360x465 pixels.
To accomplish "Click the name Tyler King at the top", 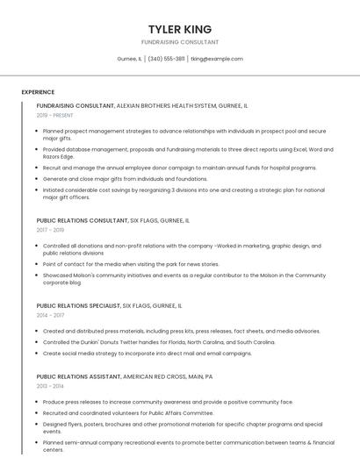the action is click(180, 29).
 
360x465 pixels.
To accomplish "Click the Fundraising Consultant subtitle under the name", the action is click(180, 42).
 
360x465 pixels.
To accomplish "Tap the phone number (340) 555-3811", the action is click(166, 59).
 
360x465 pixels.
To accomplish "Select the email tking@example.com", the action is click(216, 59).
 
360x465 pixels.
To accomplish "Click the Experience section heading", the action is click(38, 92).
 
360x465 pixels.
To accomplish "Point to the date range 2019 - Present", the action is click(54, 115).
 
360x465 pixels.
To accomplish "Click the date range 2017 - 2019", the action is click(50, 230).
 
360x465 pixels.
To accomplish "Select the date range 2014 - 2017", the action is click(50, 315).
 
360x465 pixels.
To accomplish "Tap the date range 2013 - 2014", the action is click(50, 385).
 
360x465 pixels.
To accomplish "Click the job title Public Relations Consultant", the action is click(82, 220).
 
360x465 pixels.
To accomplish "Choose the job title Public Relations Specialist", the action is click(78, 305).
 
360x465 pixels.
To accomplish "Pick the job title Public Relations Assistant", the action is click(78, 376).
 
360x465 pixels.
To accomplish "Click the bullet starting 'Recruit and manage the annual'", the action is click(179, 168).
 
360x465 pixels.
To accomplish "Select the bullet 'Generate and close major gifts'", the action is click(132, 178).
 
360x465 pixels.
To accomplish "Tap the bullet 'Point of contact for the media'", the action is click(131, 263).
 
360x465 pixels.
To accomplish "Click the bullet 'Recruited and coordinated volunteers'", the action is click(127, 412).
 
